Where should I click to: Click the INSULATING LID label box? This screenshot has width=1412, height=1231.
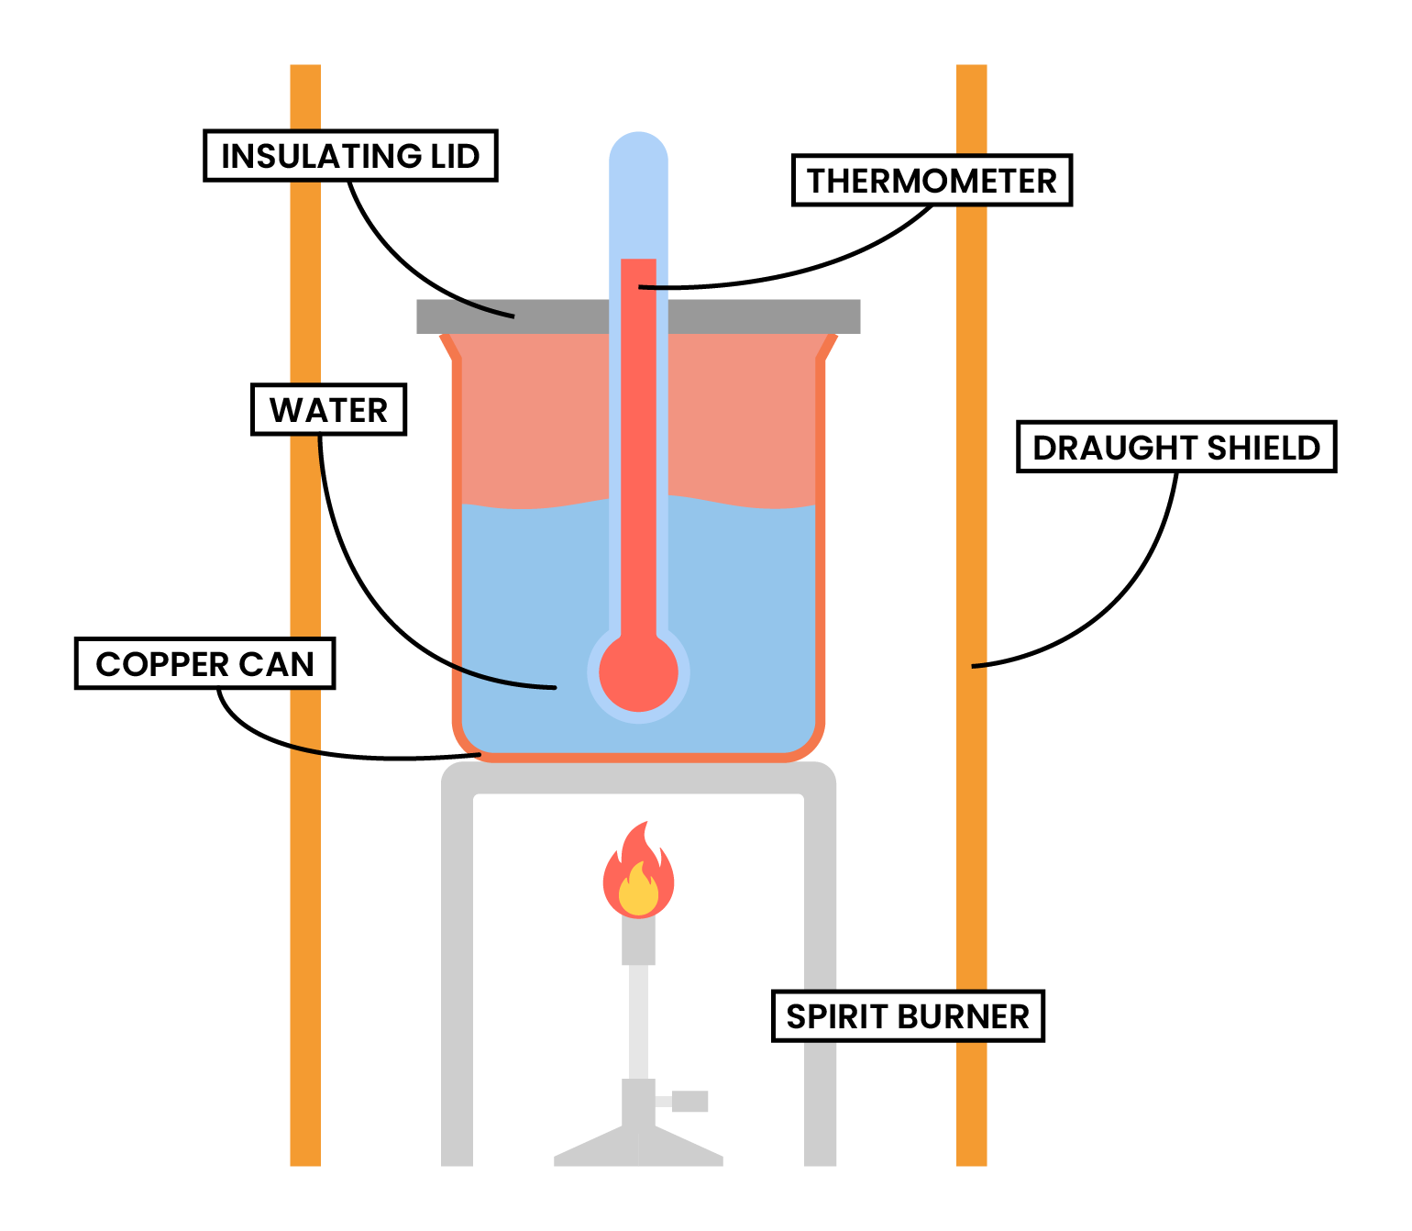349,156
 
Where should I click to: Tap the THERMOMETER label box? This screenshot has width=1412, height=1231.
932,181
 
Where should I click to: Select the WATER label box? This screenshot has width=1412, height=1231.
328,410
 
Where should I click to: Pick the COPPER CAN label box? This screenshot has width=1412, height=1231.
204,663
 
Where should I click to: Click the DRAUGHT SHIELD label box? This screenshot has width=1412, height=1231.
1176,447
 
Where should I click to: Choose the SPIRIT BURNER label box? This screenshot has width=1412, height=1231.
908,1016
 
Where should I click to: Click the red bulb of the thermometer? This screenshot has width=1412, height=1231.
638,672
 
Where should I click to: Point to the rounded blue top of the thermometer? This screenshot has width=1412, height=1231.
638,151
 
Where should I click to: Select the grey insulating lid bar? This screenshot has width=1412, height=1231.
513,316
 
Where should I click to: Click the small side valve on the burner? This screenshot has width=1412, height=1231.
689,1101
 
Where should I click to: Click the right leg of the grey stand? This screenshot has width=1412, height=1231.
821,917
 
